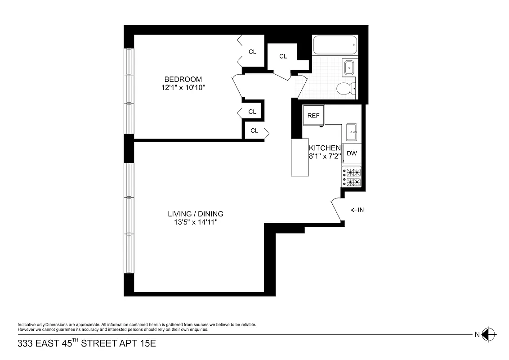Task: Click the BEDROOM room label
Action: tap(183, 79)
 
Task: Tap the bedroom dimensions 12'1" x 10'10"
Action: tap(183, 88)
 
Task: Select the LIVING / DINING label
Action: tap(196, 214)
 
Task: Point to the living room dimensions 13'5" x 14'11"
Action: tap(196, 222)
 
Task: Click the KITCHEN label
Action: tap(324, 148)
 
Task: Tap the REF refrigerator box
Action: tap(313, 116)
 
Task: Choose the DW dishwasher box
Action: tap(352, 153)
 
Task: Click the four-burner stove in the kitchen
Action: tap(352, 177)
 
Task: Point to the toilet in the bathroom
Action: tap(345, 88)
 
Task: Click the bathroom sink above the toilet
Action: tap(349, 68)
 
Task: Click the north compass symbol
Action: tap(489, 334)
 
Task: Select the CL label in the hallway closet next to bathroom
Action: tap(283, 56)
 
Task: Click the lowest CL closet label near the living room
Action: tap(254, 131)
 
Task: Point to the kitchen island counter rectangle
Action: tap(300, 157)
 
